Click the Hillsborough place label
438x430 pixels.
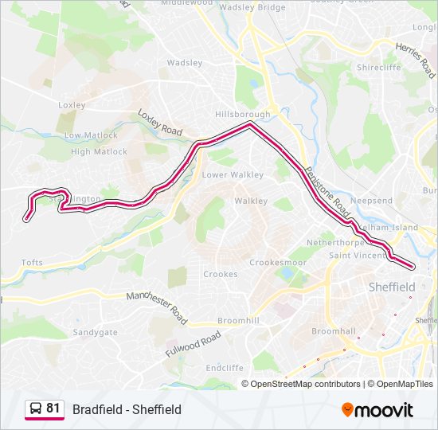point(242,114)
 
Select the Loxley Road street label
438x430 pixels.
point(159,122)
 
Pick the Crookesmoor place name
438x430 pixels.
point(277,262)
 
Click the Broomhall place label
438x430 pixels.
point(332,330)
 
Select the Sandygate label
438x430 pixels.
point(95,332)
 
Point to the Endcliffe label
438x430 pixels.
point(224,369)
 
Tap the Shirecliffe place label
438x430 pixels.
point(380,68)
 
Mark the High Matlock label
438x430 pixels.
point(99,151)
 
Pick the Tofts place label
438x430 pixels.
point(32,262)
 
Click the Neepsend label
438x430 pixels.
point(371,201)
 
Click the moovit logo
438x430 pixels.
point(377,410)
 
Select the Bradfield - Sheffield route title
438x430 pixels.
point(127,409)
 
